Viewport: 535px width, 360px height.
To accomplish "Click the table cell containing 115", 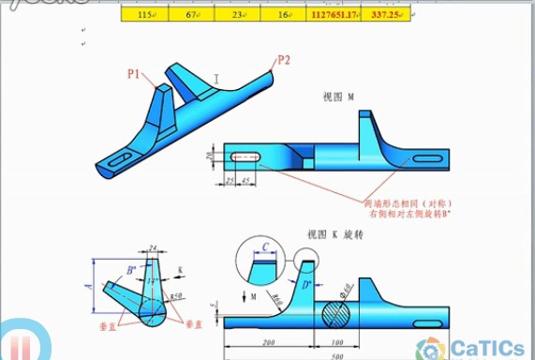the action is [x=145, y=15].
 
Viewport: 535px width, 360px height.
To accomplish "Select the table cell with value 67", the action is [x=191, y=15].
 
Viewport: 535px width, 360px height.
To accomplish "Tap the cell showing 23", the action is [x=237, y=15].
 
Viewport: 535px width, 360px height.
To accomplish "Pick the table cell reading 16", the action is [x=283, y=15].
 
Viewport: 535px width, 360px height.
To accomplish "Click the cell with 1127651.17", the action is [x=335, y=15].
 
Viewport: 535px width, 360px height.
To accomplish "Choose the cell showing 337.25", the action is [x=387, y=15].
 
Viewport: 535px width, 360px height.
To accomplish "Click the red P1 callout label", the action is [x=134, y=71].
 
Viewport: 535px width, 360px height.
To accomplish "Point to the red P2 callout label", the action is [x=283, y=62].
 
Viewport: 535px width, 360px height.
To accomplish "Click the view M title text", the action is [x=338, y=97].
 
